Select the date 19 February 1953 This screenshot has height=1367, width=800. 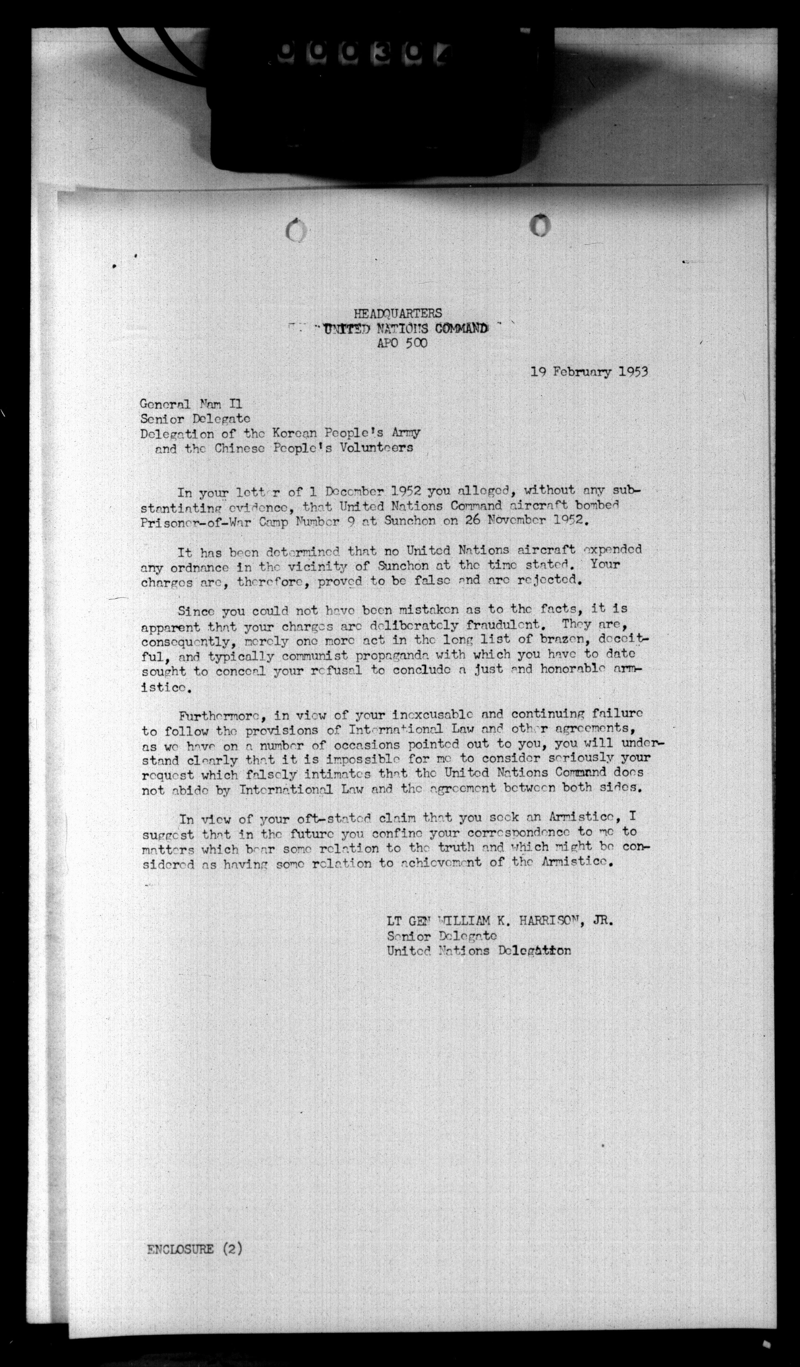coord(589,372)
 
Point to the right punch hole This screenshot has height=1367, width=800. coord(540,226)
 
